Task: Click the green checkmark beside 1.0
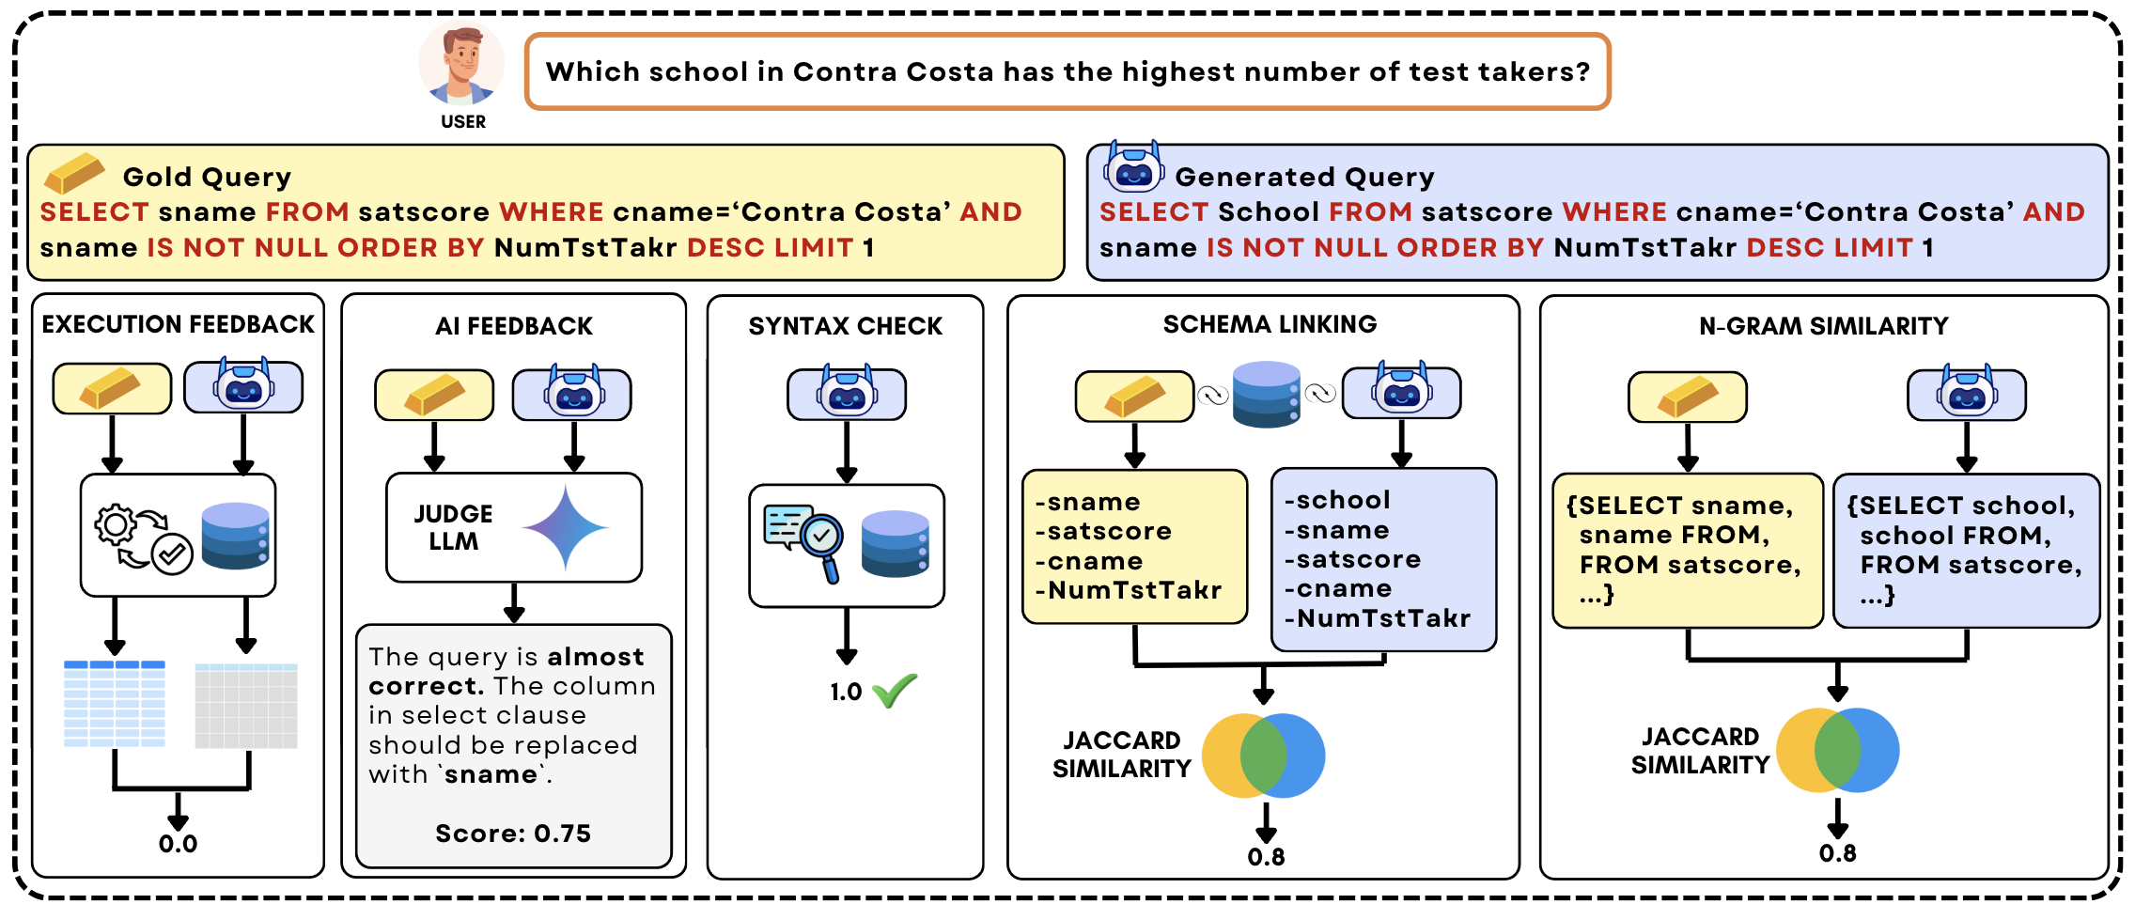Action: (894, 691)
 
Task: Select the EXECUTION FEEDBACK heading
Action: (178, 324)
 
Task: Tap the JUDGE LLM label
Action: (453, 527)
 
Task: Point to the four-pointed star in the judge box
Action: (565, 527)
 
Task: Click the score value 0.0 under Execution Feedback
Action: (178, 844)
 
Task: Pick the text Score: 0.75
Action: (513, 834)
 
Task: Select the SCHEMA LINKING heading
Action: (1270, 324)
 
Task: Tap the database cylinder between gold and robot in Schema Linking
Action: (1266, 394)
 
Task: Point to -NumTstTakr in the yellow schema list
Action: (1128, 590)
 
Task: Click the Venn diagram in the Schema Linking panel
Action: (1263, 756)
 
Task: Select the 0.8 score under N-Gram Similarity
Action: (1837, 853)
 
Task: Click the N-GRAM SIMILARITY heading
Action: (1823, 326)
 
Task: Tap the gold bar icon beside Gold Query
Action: (75, 173)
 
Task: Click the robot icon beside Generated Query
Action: (1133, 168)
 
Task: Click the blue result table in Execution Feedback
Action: (115, 704)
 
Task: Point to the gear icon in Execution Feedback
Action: (117, 525)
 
